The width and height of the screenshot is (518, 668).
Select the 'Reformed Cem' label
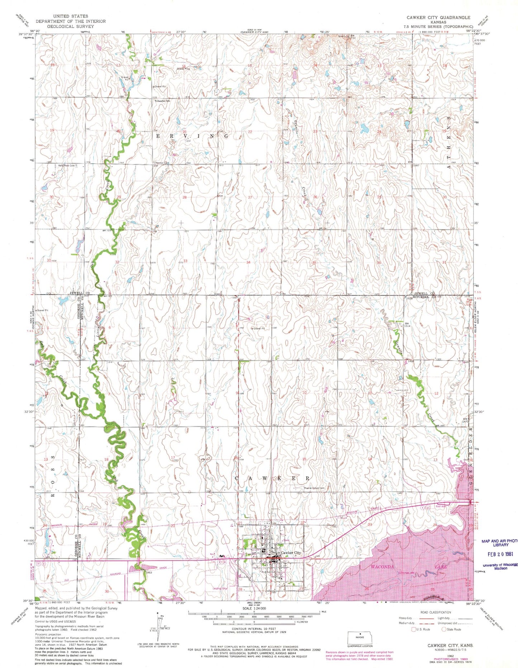67,166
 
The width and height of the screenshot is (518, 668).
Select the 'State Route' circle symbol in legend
444,629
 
